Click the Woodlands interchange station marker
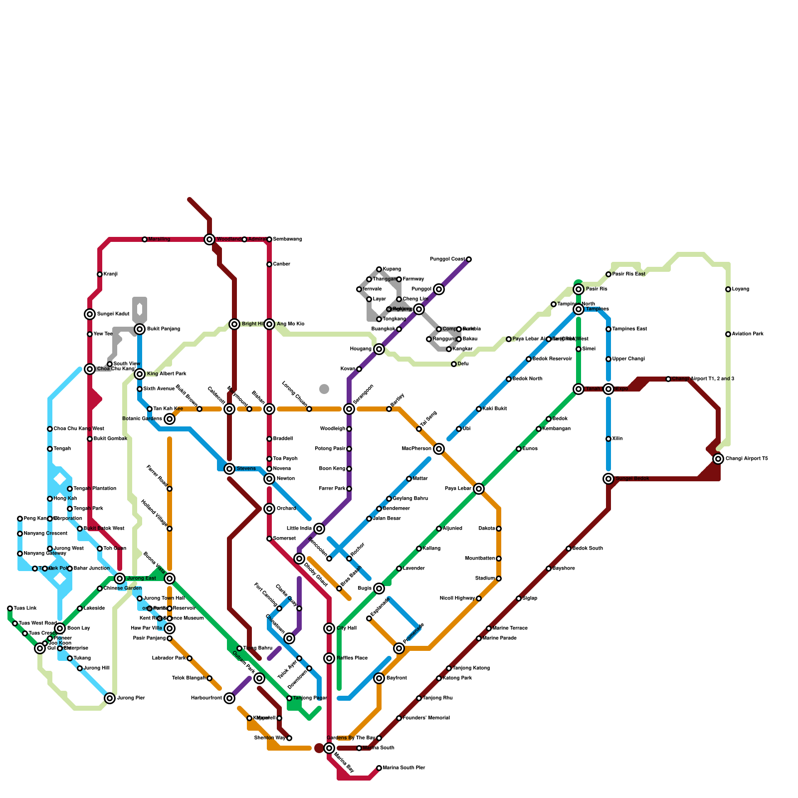tap(209, 239)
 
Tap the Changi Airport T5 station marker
tap(718, 459)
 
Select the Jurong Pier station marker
tap(110, 698)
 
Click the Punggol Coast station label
tap(447, 259)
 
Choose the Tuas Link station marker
tap(10, 608)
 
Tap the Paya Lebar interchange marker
tap(479, 489)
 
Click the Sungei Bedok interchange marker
tap(608, 479)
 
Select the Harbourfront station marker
tap(229, 698)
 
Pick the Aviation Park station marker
tap(728, 334)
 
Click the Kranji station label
tap(111, 274)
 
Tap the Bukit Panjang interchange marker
tap(140, 329)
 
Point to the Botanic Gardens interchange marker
tap(170, 419)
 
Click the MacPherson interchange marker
tap(439, 449)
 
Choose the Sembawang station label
tap(287, 239)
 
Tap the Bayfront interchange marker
tap(379, 678)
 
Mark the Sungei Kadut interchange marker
tap(90, 314)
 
